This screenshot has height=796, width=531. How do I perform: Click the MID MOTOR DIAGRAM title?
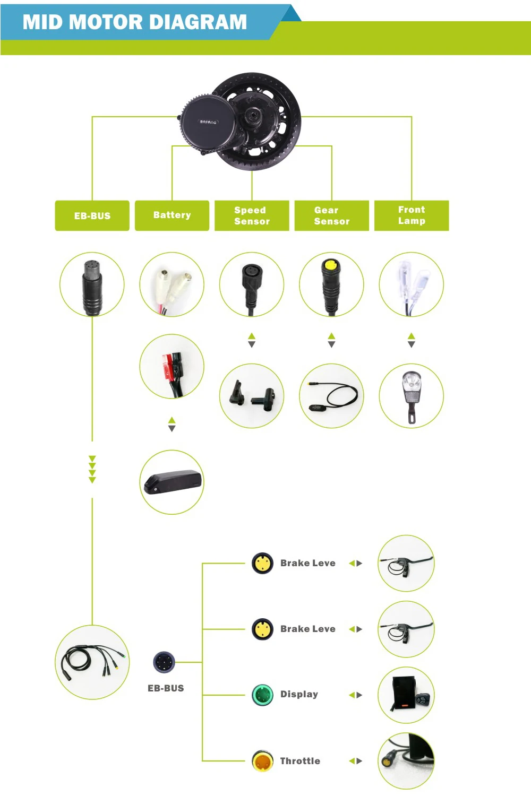click(134, 22)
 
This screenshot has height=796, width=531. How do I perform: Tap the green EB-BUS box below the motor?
click(92, 215)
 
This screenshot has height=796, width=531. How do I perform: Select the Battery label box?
click(172, 215)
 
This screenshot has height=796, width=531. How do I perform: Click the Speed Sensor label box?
click(252, 215)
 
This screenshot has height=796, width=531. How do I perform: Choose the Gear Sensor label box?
click(331, 215)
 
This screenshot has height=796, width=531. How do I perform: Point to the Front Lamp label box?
click(412, 215)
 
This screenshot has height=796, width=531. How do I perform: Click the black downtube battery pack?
click(172, 482)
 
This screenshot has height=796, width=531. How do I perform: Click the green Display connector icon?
click(262, 695)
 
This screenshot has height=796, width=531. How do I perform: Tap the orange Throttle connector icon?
click(262, 761)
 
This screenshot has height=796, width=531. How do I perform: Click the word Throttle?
click(300, 761)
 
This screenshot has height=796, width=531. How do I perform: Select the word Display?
click(299, 694)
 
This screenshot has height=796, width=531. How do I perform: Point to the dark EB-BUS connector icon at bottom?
click(164, 662)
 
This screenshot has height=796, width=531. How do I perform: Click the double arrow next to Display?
click(355, 695)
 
